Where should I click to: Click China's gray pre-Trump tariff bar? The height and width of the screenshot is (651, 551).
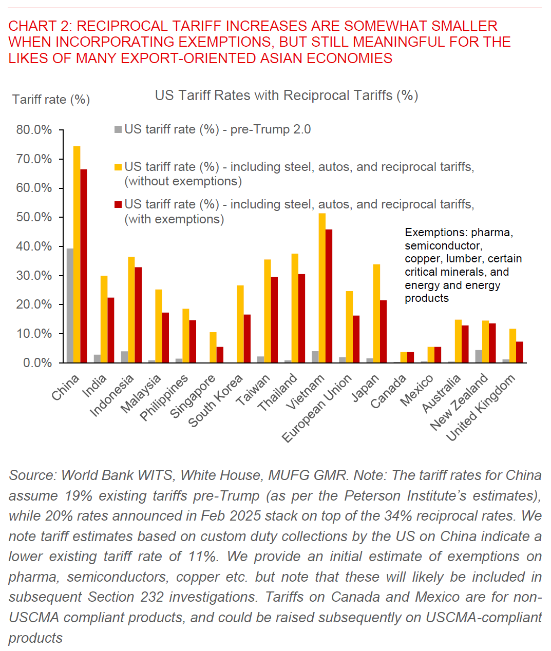click(x=70, y=305)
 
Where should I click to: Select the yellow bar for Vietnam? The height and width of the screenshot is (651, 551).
click(x=322, y=288)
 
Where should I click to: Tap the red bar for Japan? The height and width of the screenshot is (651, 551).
click(x=383, y=331)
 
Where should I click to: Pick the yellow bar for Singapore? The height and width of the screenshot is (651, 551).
click(x=213, y=348)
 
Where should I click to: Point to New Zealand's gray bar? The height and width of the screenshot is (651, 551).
click(x=479, y=356)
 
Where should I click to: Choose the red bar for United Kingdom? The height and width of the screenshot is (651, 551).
click(x=520, y=352)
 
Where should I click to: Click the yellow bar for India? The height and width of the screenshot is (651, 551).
click(x=104, y=319)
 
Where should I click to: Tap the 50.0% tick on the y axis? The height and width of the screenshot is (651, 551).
click(x=34, y=217)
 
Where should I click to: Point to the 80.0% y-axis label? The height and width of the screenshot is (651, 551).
click(x=34, y=130)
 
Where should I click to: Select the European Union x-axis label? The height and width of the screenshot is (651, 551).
click(x=317, y=408)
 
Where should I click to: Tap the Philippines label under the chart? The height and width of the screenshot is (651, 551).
click(x=164, y=398)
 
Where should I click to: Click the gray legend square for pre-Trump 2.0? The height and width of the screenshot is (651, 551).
click(x=118, y=129)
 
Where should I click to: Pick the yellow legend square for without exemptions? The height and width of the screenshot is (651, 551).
click(x=118, y=167)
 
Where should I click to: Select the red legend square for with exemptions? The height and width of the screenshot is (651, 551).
click(x=118, y=204)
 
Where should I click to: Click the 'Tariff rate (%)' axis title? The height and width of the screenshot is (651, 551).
click(x=51, y=100)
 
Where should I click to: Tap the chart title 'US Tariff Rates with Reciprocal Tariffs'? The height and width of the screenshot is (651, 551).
click(x=287, y=95)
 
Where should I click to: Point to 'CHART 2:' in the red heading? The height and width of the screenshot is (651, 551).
click(x=41, y=26)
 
